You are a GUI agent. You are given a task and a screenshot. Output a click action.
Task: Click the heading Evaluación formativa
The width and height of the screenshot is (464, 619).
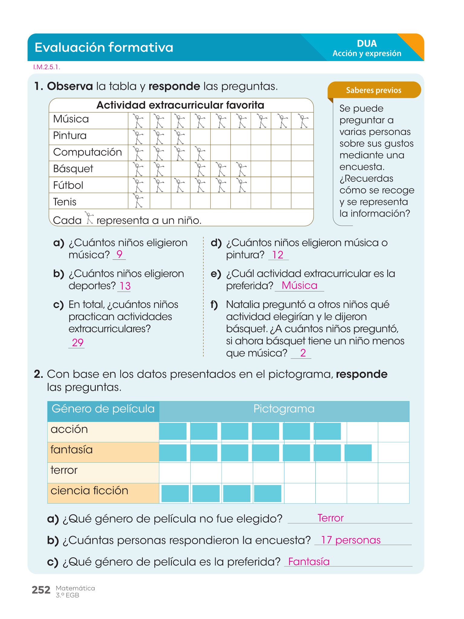point(104,47)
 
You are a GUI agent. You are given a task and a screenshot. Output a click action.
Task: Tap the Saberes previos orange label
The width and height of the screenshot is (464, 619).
point(374,90)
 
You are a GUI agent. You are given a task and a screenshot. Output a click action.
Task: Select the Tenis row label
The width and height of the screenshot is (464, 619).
point(65,202)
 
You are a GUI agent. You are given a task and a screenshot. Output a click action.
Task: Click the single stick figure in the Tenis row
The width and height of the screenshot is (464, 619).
point(139,201)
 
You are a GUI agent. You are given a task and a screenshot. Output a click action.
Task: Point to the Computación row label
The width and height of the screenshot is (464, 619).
point(87,152)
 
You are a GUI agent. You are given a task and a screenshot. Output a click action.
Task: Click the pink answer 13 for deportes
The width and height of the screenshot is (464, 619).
point(125,286)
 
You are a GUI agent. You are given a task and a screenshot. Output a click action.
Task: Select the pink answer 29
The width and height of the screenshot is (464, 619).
point(78,342)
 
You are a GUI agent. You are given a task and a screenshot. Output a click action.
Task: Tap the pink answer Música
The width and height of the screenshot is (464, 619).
point(299,285)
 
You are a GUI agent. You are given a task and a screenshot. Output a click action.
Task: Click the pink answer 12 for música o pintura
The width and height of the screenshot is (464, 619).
point(278,255)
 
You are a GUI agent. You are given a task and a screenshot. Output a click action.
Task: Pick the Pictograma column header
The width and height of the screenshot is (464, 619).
point(284,409)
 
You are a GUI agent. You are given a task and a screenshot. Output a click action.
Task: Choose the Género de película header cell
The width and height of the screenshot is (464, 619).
point(103,409)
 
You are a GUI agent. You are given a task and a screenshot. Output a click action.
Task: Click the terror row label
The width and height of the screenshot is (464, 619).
point(64,470)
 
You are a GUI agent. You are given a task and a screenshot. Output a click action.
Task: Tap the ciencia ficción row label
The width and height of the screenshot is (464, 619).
point(89,491)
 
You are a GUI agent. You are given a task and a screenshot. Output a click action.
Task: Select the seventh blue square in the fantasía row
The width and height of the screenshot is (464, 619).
point(358,452)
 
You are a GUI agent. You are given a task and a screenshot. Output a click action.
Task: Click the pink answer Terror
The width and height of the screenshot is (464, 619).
point(330,518)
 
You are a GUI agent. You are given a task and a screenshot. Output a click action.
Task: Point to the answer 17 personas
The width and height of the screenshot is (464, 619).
point(350,540)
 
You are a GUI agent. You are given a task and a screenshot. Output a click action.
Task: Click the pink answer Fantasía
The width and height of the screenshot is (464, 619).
point(309,562)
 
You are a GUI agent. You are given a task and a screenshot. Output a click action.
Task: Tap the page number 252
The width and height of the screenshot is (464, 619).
point(41,590)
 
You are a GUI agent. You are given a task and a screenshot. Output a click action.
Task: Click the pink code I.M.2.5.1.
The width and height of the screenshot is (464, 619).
point(47,67)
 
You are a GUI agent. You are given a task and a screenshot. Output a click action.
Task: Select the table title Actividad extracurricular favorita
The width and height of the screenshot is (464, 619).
point(180,105)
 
